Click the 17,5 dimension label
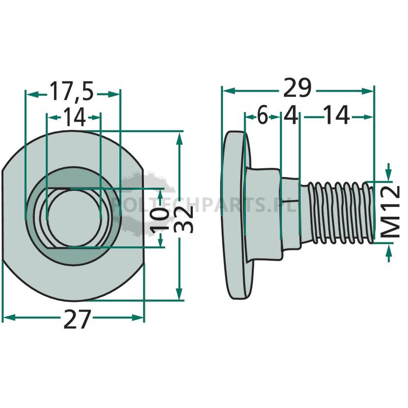point(71,91)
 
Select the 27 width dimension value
point(77,319)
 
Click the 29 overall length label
point(297,87)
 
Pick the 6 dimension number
point(262,116)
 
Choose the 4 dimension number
point(291,116)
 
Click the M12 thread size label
point(390,211)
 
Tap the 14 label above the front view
point(74,117)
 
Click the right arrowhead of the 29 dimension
point(368,91)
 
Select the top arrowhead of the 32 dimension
point(179,138)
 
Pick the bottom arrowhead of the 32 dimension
point(179,293)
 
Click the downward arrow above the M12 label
point(389,172)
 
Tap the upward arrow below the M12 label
point(389,253)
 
